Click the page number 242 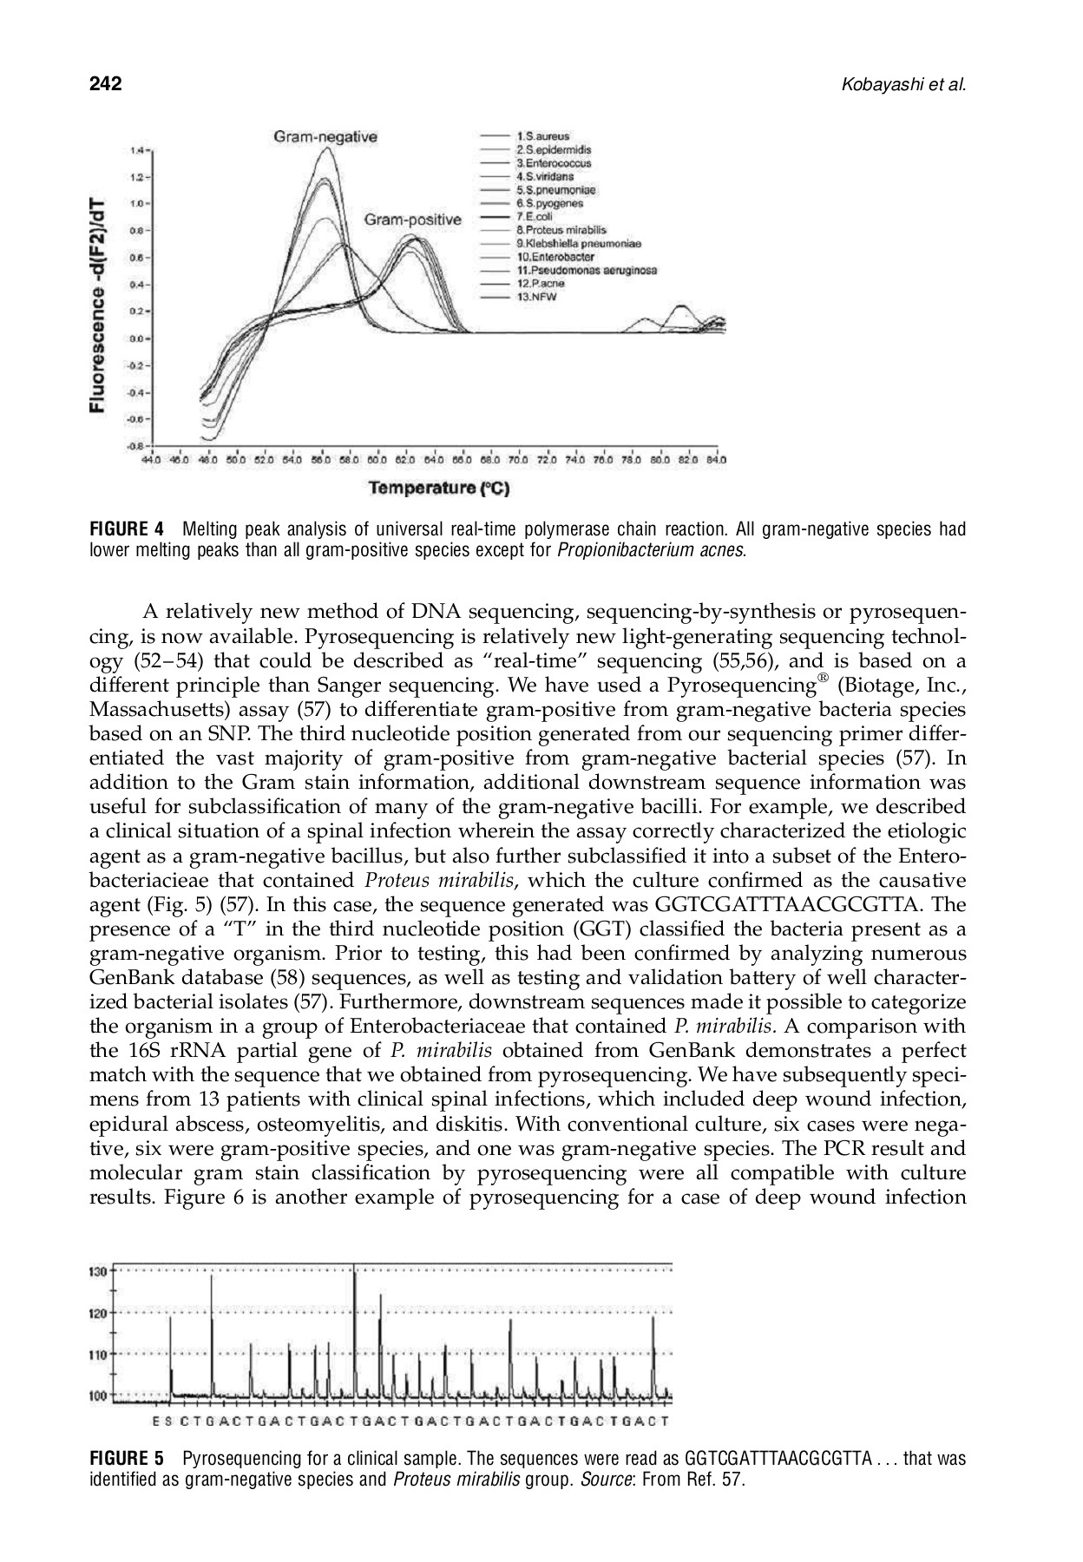tap(105, 84)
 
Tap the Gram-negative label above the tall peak tap(325, 136)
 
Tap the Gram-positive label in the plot tap(412, 220)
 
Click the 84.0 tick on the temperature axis tap(717, 460)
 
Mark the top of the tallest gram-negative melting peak tap(326, 148)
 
